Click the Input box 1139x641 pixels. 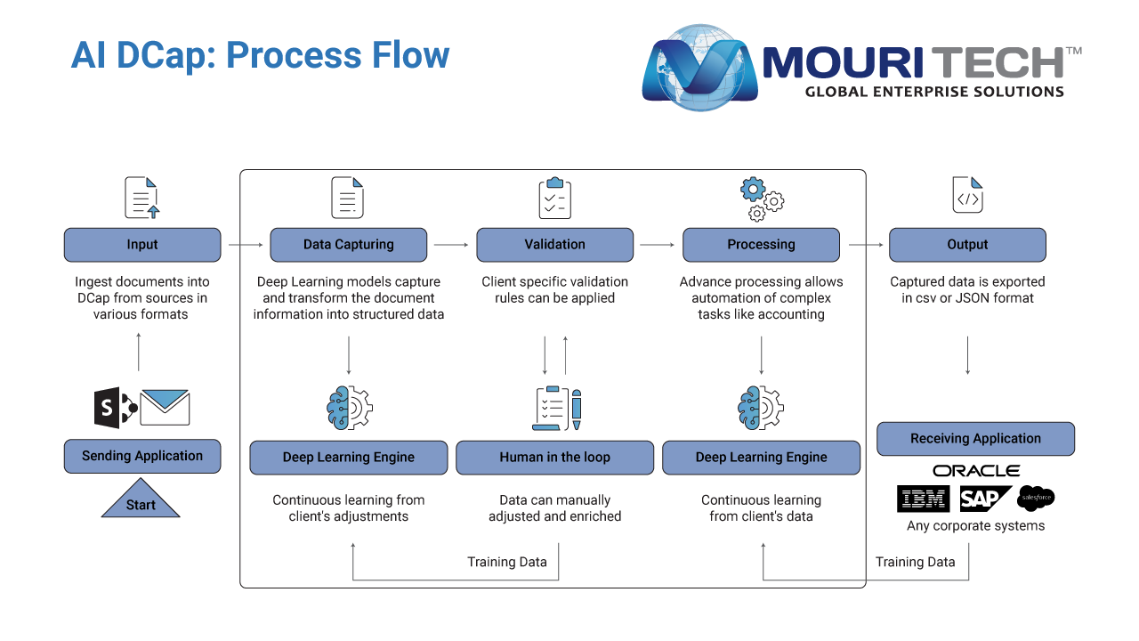(142, 245)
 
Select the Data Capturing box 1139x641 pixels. (348, 245)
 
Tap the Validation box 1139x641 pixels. (554, 245)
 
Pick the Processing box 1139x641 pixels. (761, 245)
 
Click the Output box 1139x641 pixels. (967, 245)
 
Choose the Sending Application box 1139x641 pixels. (142, 457)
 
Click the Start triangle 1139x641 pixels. (141, 499)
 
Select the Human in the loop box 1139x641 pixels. (554, 458)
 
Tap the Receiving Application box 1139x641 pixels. (976, 439)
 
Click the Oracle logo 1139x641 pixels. (976, 471)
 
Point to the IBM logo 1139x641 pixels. (924, 499)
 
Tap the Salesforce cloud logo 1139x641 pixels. (1036, 498)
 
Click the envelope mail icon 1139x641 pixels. (165, 407)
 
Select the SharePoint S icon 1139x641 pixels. (115, 408)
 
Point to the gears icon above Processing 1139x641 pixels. (762, 199)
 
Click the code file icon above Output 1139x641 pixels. (967, 195)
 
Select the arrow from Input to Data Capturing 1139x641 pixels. (246, 245)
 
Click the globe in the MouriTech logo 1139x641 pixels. (700, 67)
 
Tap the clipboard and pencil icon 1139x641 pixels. (557, 408)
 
